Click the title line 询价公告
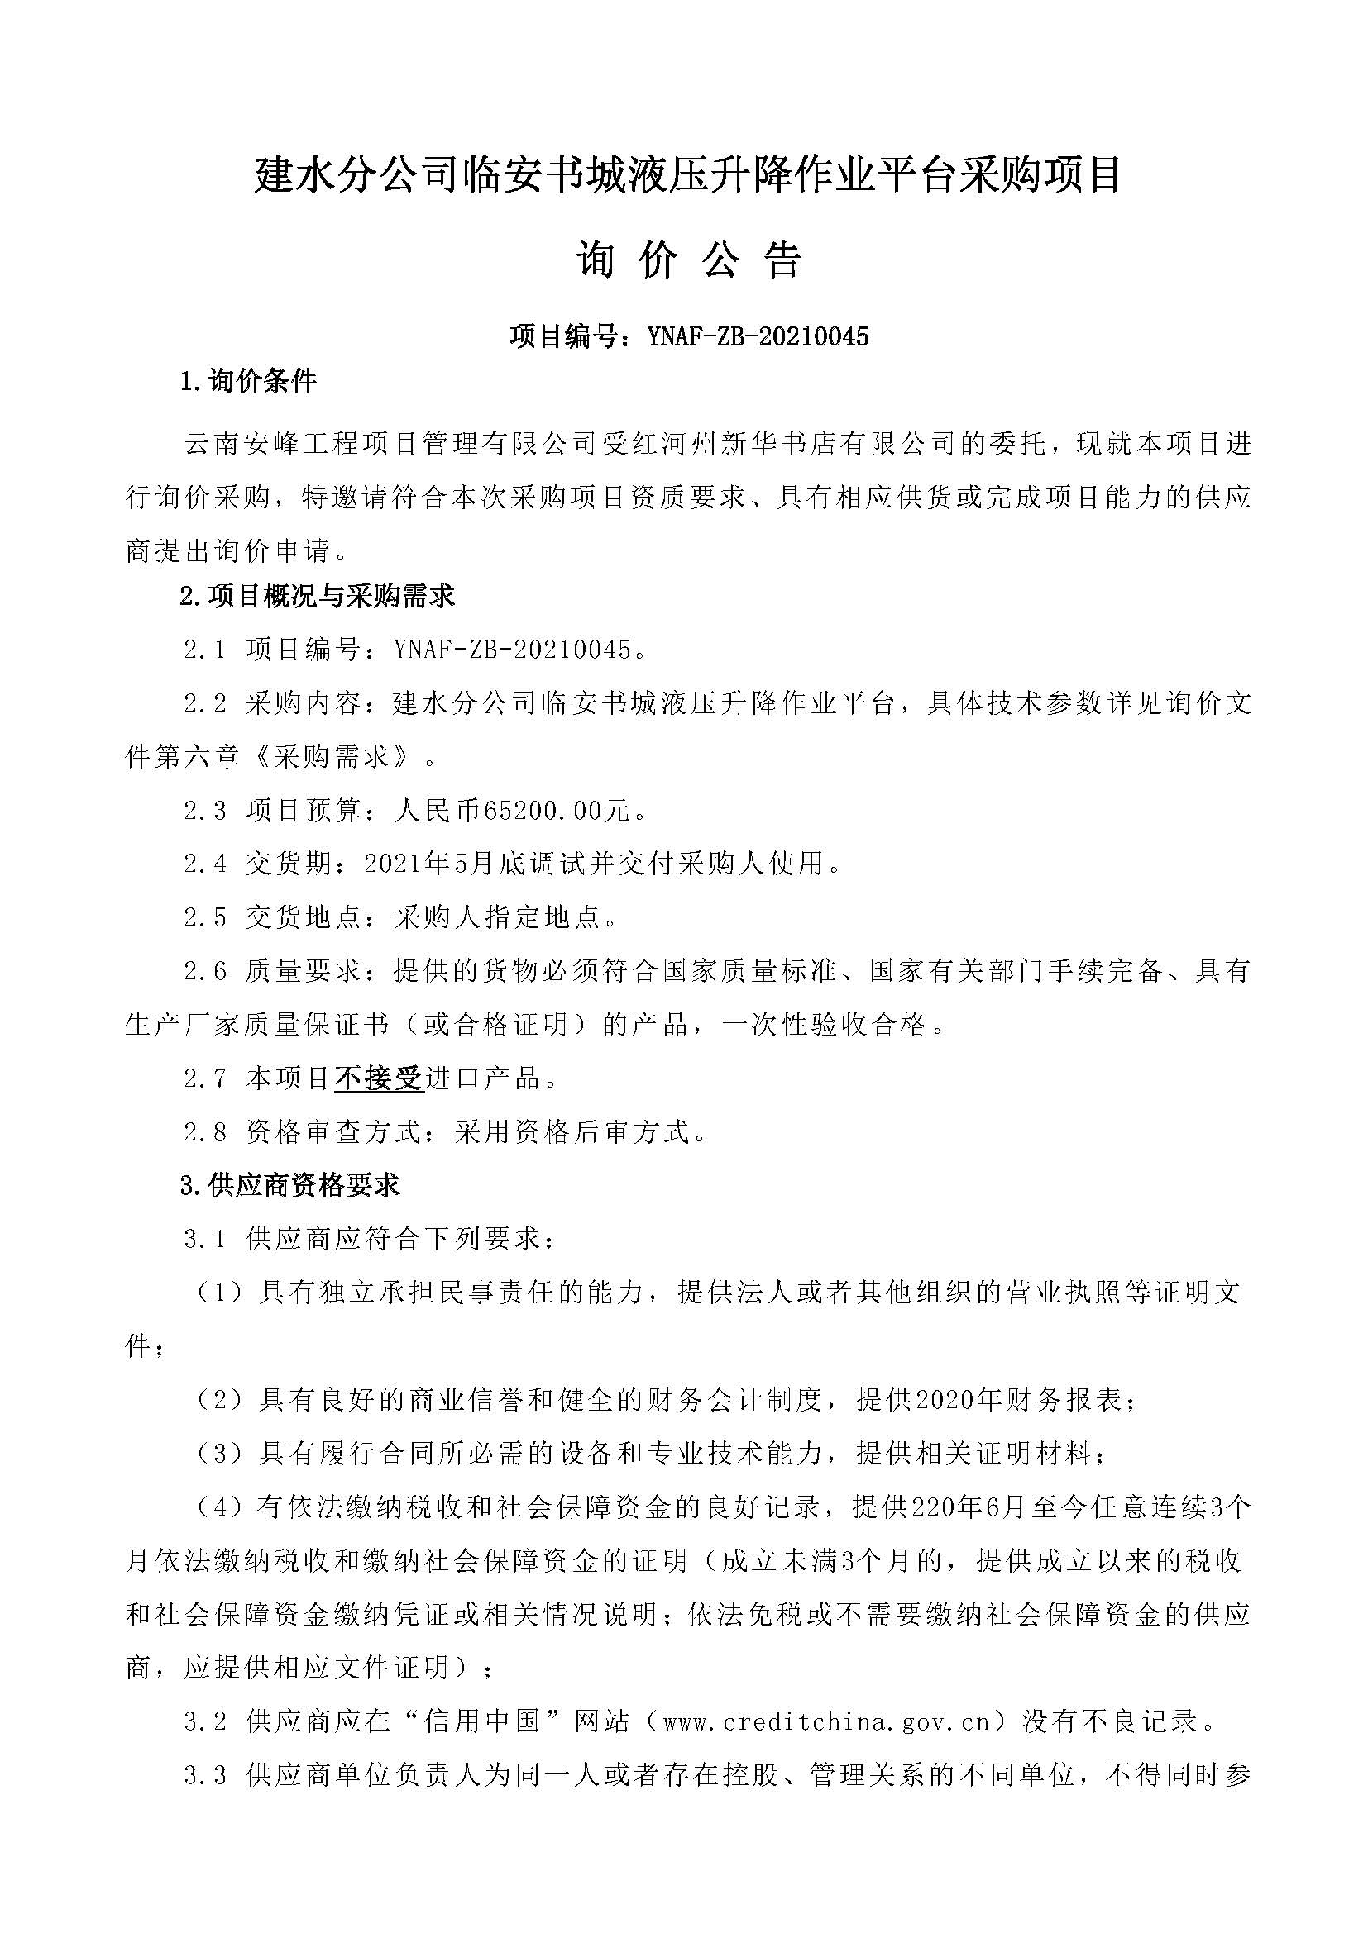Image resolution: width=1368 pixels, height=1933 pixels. tap(688, 262)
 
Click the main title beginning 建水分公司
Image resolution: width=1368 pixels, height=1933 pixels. tap(688, 177)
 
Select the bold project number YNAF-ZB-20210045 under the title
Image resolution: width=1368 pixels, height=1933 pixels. tap(758, 336)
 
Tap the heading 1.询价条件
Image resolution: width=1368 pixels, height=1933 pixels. tap(248, 383)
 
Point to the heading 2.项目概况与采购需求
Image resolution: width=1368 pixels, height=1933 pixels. tap(318, 597)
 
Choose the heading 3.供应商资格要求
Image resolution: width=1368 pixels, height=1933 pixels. tap(289, 1186)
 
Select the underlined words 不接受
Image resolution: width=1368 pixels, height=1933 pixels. tap(378, 1078)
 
